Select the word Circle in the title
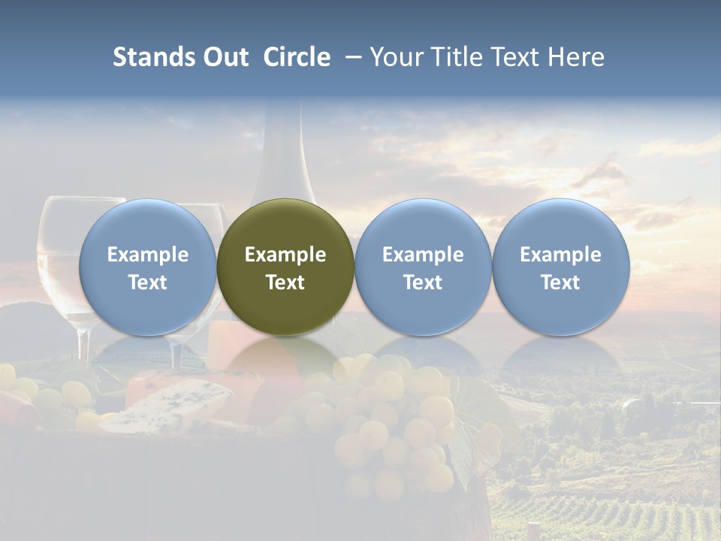[x=297, y=57]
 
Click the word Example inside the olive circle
[x=285, y=255]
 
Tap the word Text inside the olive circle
[x=285, y=283]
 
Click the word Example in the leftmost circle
[x=147, y=255]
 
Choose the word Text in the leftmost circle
[x=147, y=283]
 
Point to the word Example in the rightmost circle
[x=560, y=255]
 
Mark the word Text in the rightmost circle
[x=560, y=283]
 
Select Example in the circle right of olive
[x=423, y=255]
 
